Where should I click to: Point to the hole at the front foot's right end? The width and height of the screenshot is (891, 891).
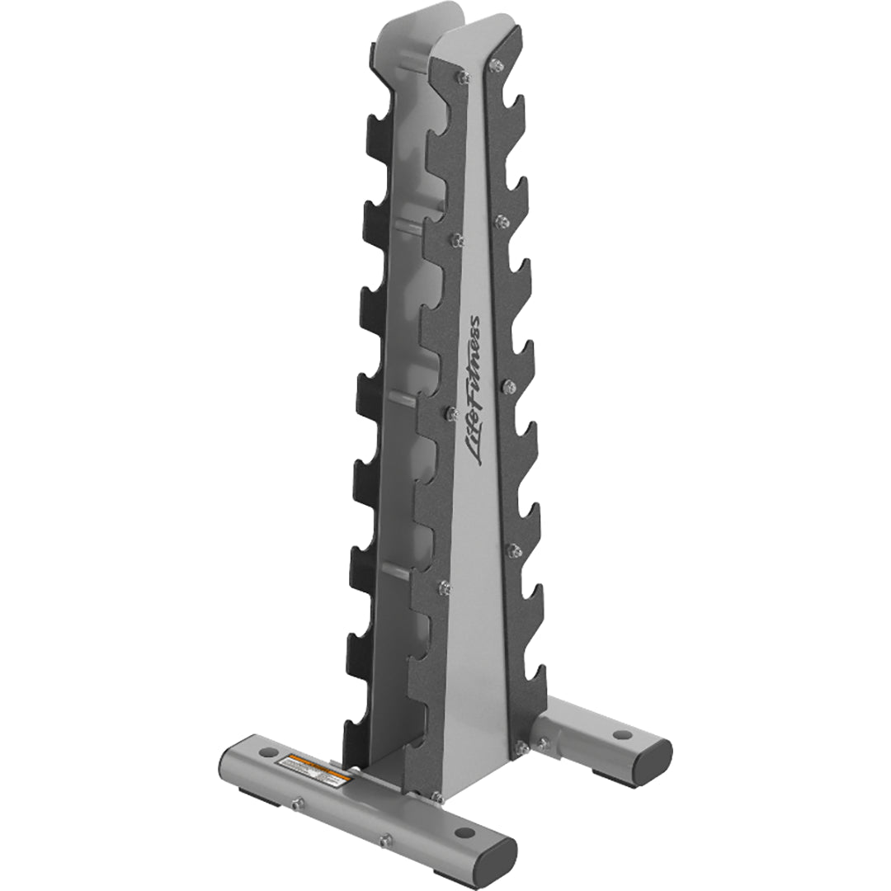click(463, 832)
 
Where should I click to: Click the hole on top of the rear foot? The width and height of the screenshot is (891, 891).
click(622, 733)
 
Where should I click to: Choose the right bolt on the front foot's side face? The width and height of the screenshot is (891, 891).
click(384, 840)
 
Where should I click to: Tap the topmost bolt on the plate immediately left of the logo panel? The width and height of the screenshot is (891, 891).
click(464, 77)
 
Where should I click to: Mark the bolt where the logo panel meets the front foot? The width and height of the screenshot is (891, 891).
click(437, 798)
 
